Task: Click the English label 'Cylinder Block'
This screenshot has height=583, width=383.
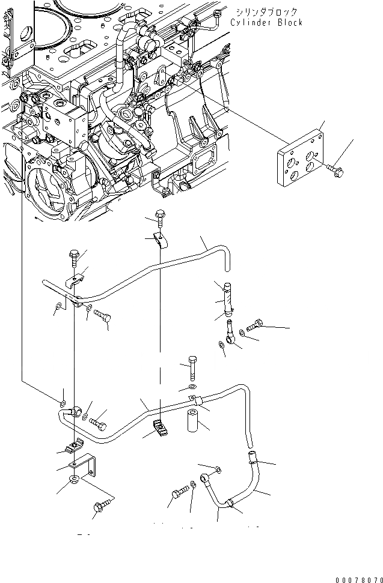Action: [266, 22]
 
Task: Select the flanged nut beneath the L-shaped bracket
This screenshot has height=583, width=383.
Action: [74, 479]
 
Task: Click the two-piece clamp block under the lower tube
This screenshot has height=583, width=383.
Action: [160, 427]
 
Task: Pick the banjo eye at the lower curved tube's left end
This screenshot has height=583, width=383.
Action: [207, 478]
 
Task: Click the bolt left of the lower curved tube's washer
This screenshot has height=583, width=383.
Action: [178, 493]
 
